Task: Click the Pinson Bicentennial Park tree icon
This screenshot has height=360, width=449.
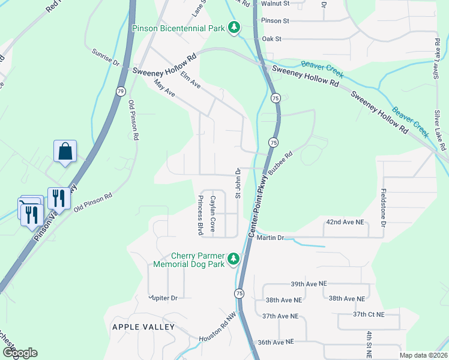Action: tap(234, 28)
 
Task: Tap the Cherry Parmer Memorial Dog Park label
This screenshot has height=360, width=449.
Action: tap(188, 259)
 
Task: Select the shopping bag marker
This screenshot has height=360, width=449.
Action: tap(65, 152)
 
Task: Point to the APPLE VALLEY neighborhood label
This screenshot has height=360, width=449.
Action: tap(143, 327)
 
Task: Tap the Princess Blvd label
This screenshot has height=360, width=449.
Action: tap(200, 215)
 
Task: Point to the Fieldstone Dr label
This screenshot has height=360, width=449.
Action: tap(382, 204)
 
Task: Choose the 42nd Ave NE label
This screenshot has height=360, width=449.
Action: tap(345, 222)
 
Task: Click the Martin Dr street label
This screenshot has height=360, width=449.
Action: tap(270, 238)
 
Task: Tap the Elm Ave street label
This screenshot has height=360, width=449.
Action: tap(190, 82)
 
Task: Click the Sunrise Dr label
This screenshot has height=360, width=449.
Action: tap(106, 58)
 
